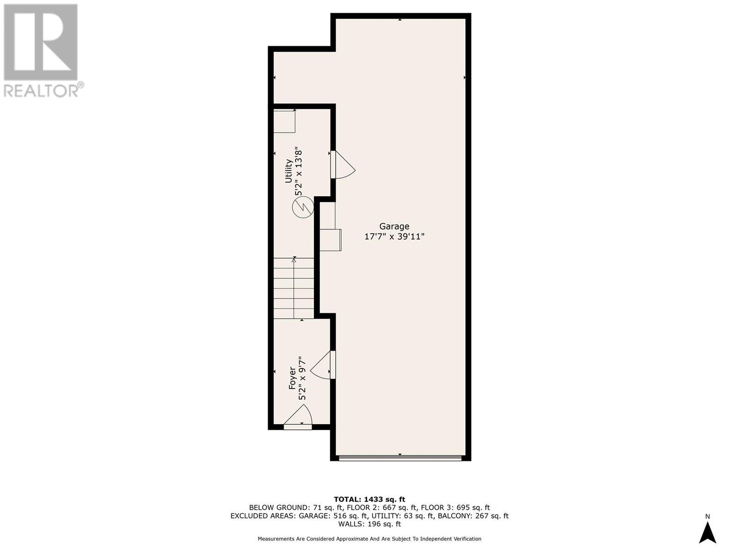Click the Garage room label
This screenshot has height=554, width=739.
click(x=394, y=226)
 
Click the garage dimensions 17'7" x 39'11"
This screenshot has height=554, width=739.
click(x=394, y=237)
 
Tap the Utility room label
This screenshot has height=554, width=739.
click(x=289, y=171)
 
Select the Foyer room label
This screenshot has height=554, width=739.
click(x=292, y=378)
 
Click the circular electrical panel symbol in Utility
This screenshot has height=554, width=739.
click(x=303, y=207)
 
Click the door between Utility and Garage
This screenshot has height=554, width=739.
click(x=342, y=165)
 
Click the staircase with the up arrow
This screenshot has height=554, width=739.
click(x=294, y=288)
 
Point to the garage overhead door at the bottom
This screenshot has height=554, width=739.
click(x=400, y=458)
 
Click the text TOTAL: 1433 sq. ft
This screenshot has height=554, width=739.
click(x=369, y=499)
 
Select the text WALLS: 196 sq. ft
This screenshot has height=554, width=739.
click(x=369, y=524)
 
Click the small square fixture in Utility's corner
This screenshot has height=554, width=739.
click(x=284, y=121)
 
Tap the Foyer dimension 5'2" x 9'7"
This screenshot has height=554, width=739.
click(x=303, y=378)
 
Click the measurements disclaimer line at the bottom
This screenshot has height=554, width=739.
click(x=369, y=539)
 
